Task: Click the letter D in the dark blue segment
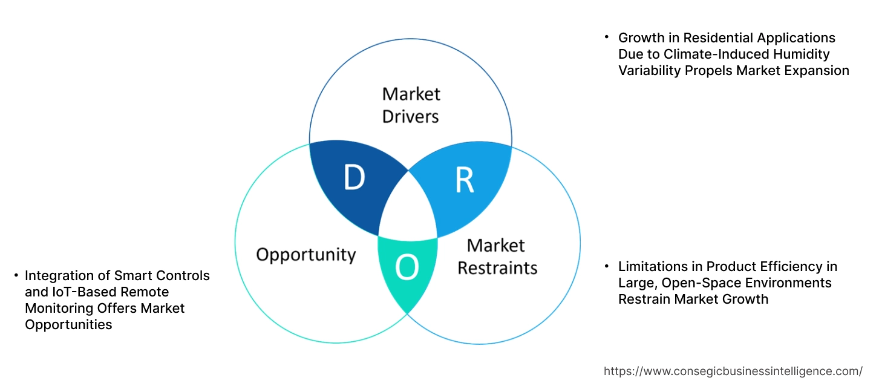pyautogui.click(x=354, y=178)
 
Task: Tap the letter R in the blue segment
pyautogui.click(x=464, y=180)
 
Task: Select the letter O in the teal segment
pyautogui.click(x=407, y=268)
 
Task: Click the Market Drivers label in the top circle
pyautogui.click(x=411, y=105)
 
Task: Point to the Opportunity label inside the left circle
pyautogui.click(x=306, y=254)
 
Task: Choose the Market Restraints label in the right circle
pyautogui.click(x=497, y=256)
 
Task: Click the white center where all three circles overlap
pyautogui.click(x=408, y=209)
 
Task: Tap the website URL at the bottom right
pyautogui.click(x=733, y=371)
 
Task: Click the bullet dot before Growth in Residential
pyautogui.click(x=607, y=38)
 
